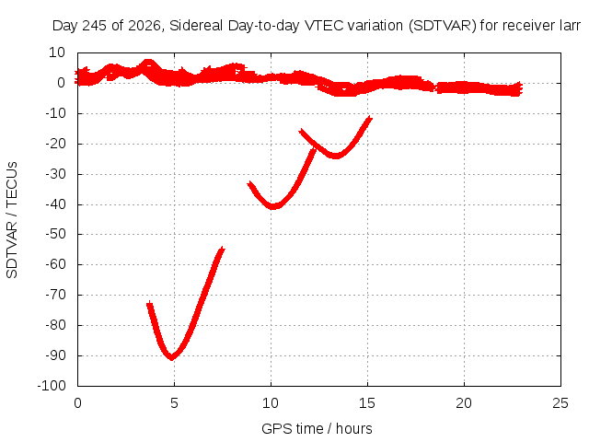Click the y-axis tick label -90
point(55,355)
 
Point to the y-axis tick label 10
point(57,52)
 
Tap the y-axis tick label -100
point(52,386)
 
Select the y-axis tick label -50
point(55,234)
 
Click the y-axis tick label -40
point(55,204)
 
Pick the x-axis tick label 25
point(560,403)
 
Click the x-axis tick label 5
point(174,403)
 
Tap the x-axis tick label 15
point(367,403)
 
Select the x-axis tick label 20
point(464,403)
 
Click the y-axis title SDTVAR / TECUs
point(12,220)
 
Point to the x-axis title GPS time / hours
point(317,428)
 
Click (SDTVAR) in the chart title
point(443,26)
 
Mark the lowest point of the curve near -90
point(172,358)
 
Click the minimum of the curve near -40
point(273,206)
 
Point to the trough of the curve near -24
point(335,157)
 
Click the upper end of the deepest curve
point(223,249)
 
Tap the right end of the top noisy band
point(521,88)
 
